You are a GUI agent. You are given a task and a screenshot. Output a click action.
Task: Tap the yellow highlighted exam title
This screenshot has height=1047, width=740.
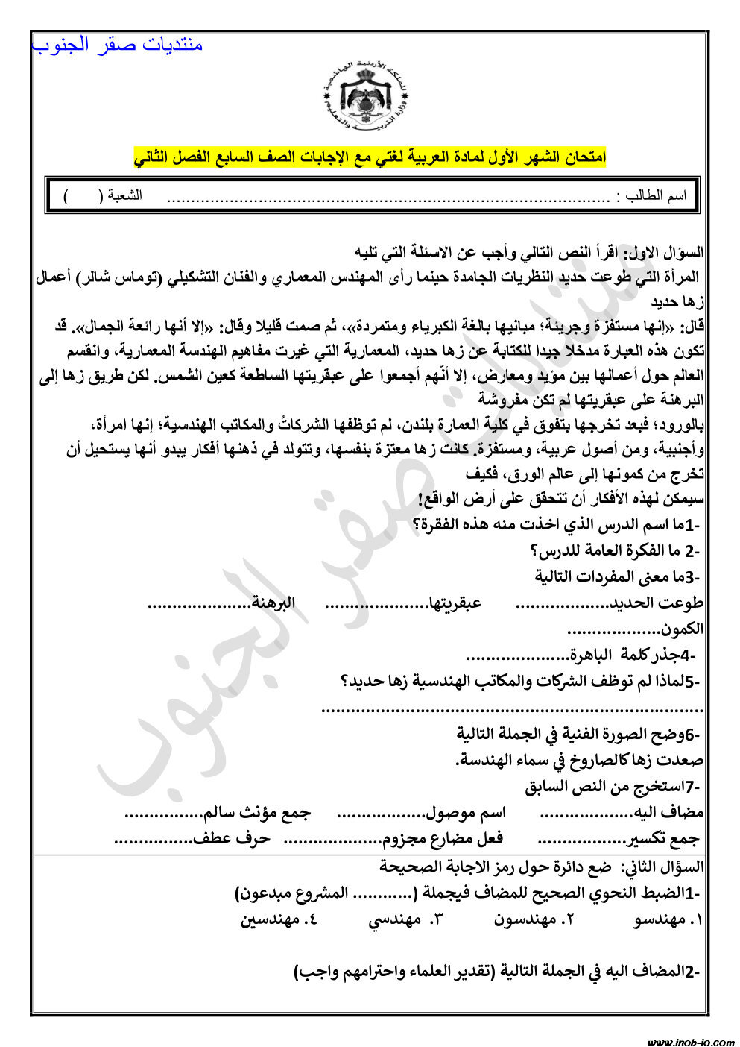370,157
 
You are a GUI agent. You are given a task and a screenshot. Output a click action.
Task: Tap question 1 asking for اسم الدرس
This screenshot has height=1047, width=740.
555,525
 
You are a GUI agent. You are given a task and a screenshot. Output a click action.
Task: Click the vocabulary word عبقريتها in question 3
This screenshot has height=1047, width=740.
454,603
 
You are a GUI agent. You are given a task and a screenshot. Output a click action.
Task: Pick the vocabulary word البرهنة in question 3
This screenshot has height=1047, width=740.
273,602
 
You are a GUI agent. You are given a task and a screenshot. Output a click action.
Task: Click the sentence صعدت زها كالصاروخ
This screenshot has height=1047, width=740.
579,761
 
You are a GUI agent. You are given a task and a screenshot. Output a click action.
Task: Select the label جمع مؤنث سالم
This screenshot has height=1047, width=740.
257,812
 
